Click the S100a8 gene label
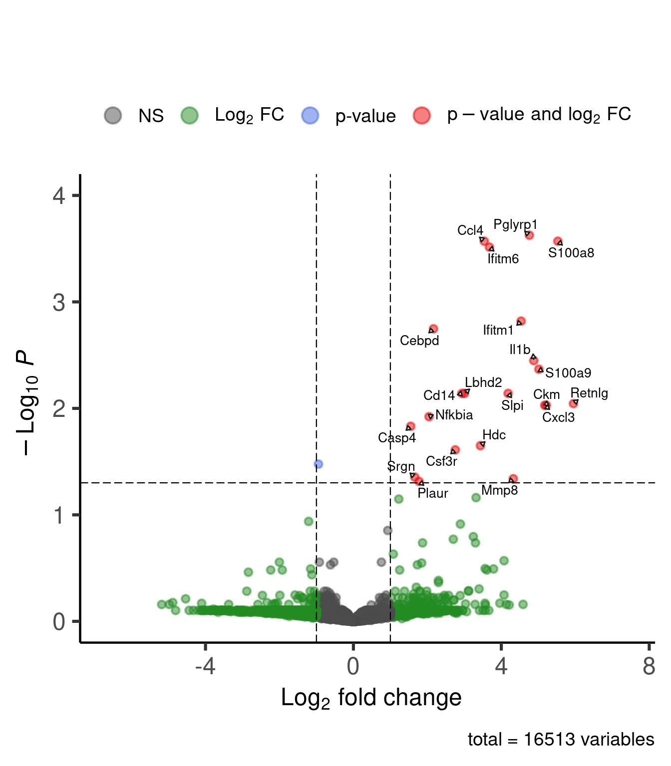[x=571, y=253]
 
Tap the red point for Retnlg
[x=573, y=403]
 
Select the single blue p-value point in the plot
[x=319, y=464]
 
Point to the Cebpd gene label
[x=419, y=341]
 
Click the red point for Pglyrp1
[x=529, y=235]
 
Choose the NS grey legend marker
[x=113, y=115]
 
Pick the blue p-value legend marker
[x=310, y=115]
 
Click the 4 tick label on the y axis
[x=59, y=195]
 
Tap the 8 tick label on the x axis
[x=649, y=666]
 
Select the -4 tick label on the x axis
[x=205, y=666]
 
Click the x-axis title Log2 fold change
[x=371, y=698]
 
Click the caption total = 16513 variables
[x=561, y=740]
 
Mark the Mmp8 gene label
[x=499, y=490]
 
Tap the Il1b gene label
[x=520, y=350]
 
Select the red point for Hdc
[x=480, y=445]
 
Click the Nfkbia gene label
[x=454, y=415]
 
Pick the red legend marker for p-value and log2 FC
[x=422, y=115]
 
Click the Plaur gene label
[x=433, y=493]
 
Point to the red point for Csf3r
[x=455, y=450]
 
